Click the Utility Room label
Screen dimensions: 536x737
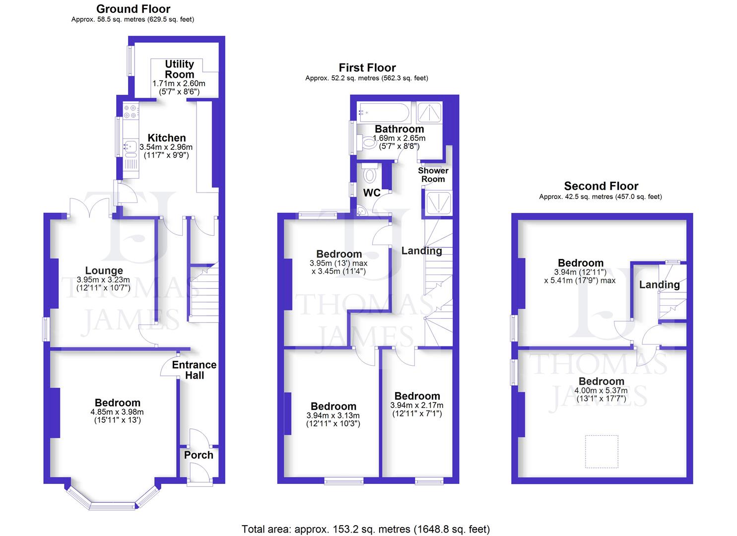[179, 69]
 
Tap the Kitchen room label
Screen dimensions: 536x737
[167, 138]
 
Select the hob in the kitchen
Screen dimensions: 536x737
[131, 112]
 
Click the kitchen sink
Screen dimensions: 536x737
[131, 146]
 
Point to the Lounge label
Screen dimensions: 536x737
[104, 270]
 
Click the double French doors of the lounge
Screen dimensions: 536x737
[89, 207]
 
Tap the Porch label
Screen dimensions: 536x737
[199, 455]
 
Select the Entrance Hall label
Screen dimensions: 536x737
[194, 370]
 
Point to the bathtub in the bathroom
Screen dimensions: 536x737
[383, 113]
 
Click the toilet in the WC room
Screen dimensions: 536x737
[370, 174]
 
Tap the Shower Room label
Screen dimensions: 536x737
[433, 175]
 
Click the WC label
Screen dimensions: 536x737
[372, 193]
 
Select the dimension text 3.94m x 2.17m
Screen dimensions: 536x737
[417, 405]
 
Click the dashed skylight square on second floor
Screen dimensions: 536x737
[602, 451]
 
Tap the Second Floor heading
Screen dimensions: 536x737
[601, 186]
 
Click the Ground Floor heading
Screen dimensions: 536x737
[133, 9]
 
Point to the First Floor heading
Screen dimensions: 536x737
[367, 67]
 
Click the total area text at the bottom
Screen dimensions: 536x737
[365, 529]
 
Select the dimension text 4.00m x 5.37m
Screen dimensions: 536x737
[601, 391]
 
